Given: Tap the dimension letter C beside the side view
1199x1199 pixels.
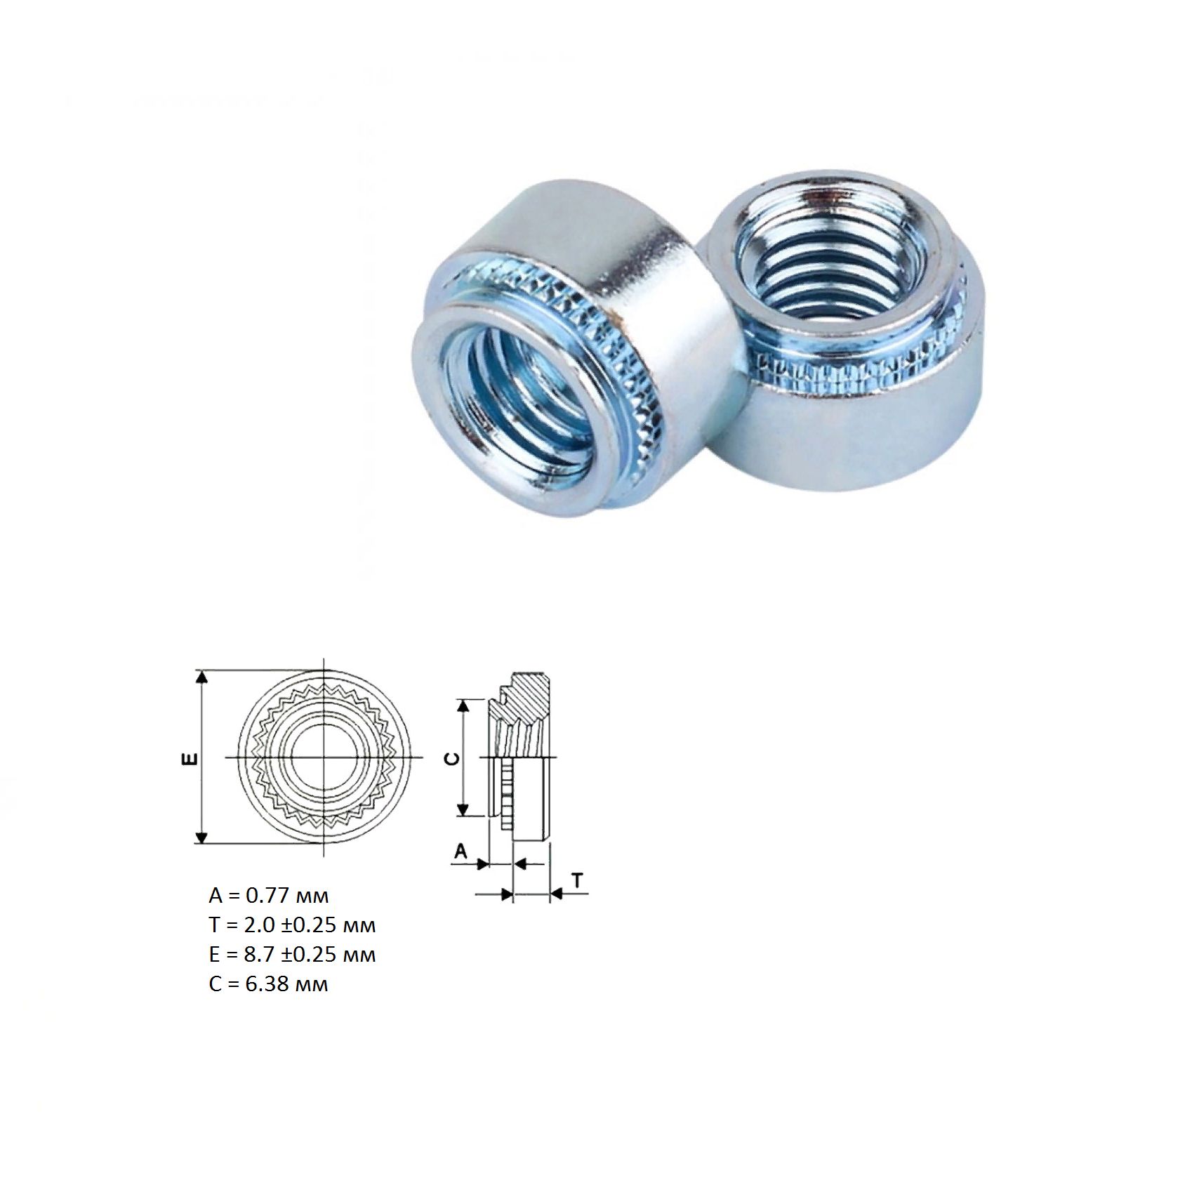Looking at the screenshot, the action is [454, 759].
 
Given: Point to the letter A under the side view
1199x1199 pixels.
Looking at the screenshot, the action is [461, 852].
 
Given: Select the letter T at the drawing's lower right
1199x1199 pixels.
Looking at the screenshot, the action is [577, 880].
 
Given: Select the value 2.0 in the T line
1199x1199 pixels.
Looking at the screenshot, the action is [260, 925].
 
